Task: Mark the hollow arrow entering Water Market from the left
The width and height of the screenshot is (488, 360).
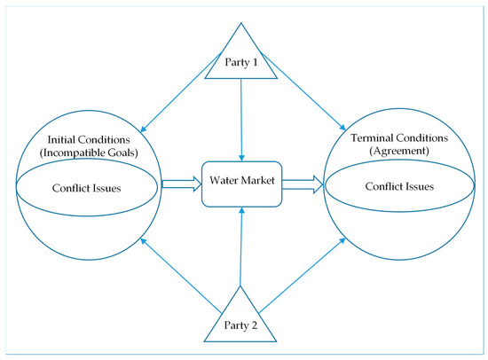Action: [180, 186]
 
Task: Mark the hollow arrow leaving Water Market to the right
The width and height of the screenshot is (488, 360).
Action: [302, 184]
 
